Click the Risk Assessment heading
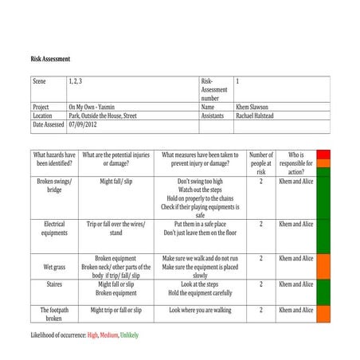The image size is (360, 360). coord(50,59)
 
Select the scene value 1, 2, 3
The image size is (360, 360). coord(76,81)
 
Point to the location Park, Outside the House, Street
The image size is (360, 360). coord(103,115)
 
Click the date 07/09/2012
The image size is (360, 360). coord(84,125)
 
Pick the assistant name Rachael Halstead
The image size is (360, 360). coord(261,115)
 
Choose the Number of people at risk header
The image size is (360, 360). coord(260,162)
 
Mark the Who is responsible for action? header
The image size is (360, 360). coord(295,162)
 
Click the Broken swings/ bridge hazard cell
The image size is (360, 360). coord(54,186)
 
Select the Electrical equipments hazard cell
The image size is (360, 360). coord(54,229)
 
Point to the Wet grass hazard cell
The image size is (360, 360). coord(54,268)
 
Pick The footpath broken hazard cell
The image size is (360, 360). coord(54,314)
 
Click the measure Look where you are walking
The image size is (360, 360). coord(200,310)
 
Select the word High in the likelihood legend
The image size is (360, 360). coord(93,335)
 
